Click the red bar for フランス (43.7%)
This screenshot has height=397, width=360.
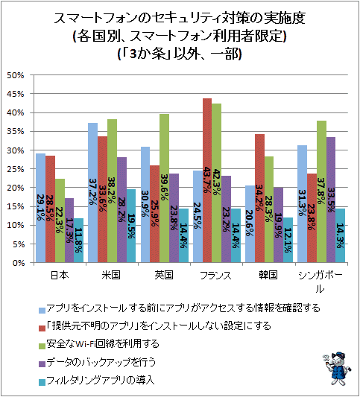(x=207, y=180)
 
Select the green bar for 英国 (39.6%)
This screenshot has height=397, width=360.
(x=165, y=188)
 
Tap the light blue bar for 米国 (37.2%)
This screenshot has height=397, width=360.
(x=92, y=192)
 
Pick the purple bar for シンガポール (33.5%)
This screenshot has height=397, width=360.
(x=331, y=200)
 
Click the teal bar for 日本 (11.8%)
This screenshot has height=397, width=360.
(x=78, y=241)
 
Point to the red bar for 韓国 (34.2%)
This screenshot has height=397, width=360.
(x=259, y=198)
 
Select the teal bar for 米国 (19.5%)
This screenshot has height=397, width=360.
(x=131, y=226)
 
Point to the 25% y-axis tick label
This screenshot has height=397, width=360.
(x=15, y=169)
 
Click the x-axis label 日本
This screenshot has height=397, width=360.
(x=60, y=275)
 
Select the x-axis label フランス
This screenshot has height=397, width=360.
(x=215, y=275)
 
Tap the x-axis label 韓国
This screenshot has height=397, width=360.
(x=268, y=275)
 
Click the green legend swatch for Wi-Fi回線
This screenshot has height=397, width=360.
(x=42, y=346)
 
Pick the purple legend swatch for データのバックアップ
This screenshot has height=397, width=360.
(x=42, y=364)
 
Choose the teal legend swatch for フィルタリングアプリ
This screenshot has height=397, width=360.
(x=42, y=382)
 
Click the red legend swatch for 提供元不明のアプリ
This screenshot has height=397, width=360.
(x=42, y=328)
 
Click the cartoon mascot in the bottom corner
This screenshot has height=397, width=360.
(x=336, y=369)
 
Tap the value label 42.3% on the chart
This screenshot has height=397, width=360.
(x=216, y=182)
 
